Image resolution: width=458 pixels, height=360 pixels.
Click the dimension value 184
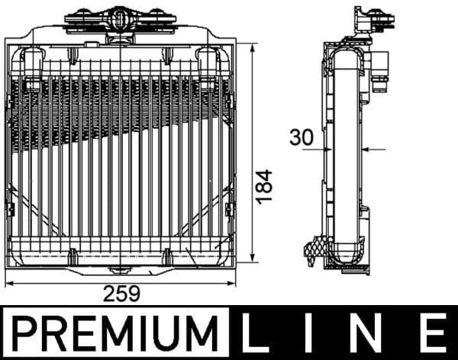pyautogui.click(x=264, y=185)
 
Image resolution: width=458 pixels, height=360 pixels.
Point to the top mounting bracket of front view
pyautogui.click(x=118, y=18)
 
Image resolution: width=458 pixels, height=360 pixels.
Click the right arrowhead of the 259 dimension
pyautogui.click(x=232, y=284)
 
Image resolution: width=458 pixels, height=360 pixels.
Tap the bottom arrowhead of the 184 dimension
pyautogui.click(x=253, y=261)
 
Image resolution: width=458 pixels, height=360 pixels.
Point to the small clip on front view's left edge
pyautogui.click(x=10, y=206)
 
